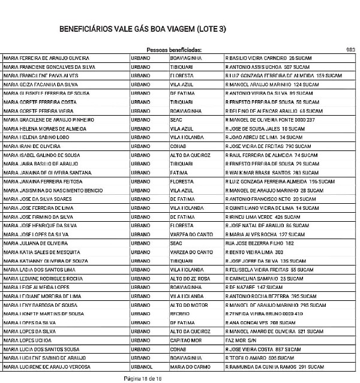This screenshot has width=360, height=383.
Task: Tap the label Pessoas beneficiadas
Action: pos(174,50)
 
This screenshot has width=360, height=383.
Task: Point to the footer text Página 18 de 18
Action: pos(143,378)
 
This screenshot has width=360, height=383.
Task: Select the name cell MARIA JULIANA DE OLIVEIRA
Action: pos(36,243)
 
